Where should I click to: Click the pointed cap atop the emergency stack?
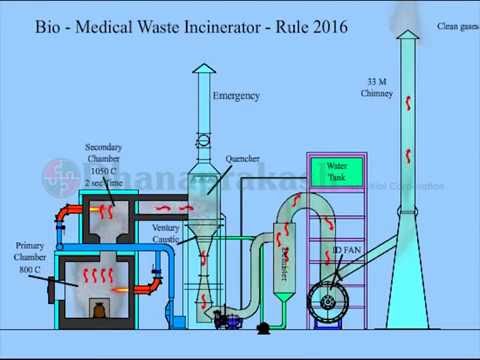pyautogui.click(x=204, y=69)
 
